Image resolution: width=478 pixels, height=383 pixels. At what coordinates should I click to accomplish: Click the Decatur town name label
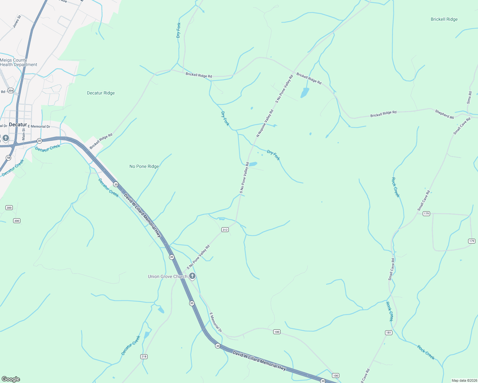click(x=18, y=124)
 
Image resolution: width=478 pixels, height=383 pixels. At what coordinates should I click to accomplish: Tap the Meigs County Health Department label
click(x=19, y=62)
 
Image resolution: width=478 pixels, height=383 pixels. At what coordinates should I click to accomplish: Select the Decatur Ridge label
click(x=101, y=93)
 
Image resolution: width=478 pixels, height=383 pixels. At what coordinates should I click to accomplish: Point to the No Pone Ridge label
click(x=144, y=166)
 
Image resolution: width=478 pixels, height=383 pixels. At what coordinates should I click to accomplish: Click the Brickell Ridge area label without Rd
click(x=444, y=19)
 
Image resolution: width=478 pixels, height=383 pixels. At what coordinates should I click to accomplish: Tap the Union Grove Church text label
click(x=167, y=276)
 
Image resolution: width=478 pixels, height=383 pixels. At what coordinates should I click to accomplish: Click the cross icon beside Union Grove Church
click(x=192, y=276)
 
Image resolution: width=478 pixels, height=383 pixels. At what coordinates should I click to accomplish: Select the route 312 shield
click(x=225, y=230)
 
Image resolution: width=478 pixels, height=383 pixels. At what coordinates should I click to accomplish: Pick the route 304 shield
click(x=11, y=91)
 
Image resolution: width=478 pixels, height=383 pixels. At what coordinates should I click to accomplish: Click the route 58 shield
click(x=8, y=158)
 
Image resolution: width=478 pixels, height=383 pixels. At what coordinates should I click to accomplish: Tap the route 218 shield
click(x=144, y=357)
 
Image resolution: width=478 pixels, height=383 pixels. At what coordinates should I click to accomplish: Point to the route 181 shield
click(x=389, y=333)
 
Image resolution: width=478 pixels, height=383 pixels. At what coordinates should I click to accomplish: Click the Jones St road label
click(x=17, y=21)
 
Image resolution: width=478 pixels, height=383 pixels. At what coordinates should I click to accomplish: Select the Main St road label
click(x=23, y=134)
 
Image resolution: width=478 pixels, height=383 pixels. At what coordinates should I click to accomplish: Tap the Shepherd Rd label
click(x=444, y=114)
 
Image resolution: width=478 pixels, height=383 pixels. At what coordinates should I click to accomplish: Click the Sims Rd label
click(x=469, y=98)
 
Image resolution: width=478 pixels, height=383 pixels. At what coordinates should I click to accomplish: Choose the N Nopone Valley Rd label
click(x=265, y=123)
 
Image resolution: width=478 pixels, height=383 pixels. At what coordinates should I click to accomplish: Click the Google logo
click(x=11, y=379)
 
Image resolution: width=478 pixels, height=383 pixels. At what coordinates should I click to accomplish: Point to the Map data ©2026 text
click(x=464, y=380)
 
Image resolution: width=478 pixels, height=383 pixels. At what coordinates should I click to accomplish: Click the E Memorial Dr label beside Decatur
click(x=39, y=126)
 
